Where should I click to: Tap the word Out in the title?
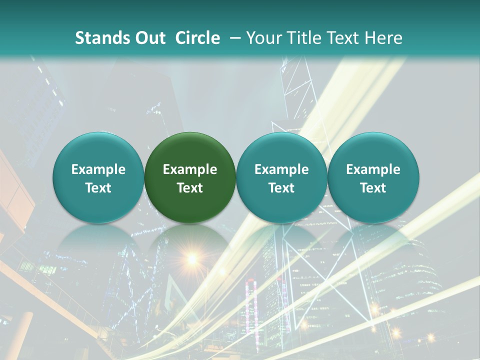(148, 38)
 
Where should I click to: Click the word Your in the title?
(262, 38)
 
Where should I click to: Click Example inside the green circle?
(190, 169)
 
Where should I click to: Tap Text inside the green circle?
(190, 188)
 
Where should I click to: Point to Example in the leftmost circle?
(98, 169)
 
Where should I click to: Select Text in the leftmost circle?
(98, 188)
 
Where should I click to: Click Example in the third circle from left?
(281, 169)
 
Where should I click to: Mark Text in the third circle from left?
(281, 188)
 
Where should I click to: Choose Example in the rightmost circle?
(373, 169)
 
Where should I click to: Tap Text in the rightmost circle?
(373, 188)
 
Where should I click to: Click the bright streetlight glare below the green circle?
(192, 258)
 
